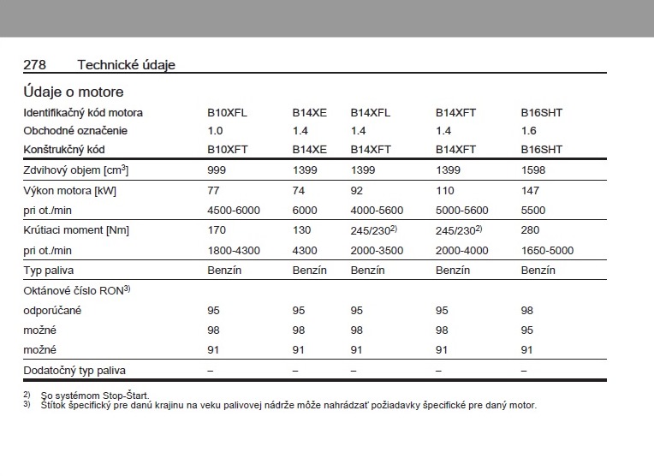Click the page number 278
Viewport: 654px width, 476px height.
tap(34, 65)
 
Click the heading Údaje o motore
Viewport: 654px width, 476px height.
tap(73, 92)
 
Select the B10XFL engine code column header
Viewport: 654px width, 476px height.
tap(227, 112)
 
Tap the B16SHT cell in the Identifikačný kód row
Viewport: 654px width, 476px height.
tap(542, 112)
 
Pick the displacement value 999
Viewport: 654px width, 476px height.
tap(217, 170)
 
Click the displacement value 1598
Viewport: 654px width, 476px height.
tap(533, 170)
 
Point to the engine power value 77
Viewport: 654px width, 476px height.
tap(214, 190)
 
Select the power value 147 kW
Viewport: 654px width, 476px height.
tap(530, 190)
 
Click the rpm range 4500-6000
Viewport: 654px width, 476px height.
tap(234, 210)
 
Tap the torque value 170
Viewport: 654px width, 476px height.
tap(217, 230)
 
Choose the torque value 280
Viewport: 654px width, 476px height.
tap(530, 230)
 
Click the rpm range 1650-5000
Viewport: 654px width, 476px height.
tap(547, 251)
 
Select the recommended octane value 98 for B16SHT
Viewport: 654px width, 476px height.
tap(527, 310)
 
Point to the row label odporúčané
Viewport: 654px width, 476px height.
tap(52, 310)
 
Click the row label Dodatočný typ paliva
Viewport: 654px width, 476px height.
tap(74, 371)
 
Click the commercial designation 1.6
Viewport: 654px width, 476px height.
tap(528, 131)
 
